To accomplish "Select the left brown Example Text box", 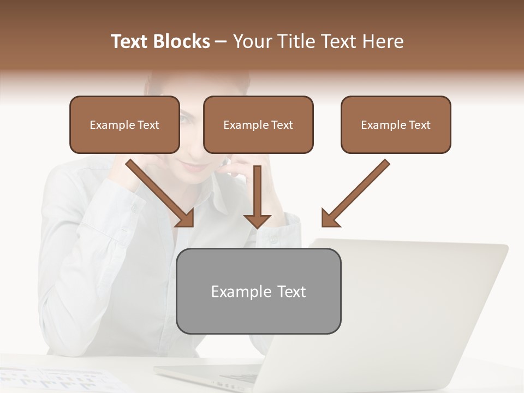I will (x=124, y=125).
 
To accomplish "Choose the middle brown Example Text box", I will (x=258, y=125).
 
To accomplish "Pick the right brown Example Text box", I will (x=396, y=125).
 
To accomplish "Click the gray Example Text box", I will (x=258, y=291).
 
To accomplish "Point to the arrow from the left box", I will (x=158, y=191).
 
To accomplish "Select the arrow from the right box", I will (x=358, y=191).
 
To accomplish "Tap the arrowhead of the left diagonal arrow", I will (x=186, y=218).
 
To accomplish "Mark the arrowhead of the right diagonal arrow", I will (x=330, y=218).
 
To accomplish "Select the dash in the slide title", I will (x=221, y=42).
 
